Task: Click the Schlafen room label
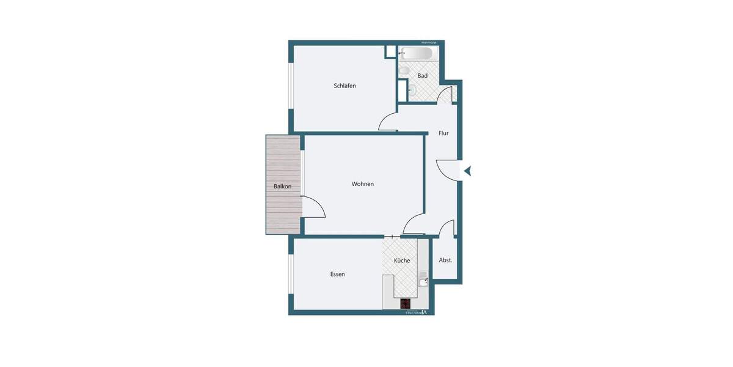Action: click(345, 86)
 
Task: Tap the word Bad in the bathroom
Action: click(423, 76)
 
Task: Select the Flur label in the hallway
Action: click(443, 133)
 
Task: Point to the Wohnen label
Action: click(362, 184)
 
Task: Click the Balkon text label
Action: click(282, 187)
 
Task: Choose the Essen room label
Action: click(337, 274)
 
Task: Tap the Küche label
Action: click(402, 261)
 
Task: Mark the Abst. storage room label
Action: click(445, 260)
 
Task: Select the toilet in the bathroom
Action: click(404, 72)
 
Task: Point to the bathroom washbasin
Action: click(412, 91)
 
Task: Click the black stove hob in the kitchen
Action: click(406, 303)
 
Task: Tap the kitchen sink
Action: click(423, 282)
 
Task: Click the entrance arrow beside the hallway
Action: click(467, 171)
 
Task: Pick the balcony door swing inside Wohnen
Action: click(314, 207)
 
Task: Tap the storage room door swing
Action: click(447, 228)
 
